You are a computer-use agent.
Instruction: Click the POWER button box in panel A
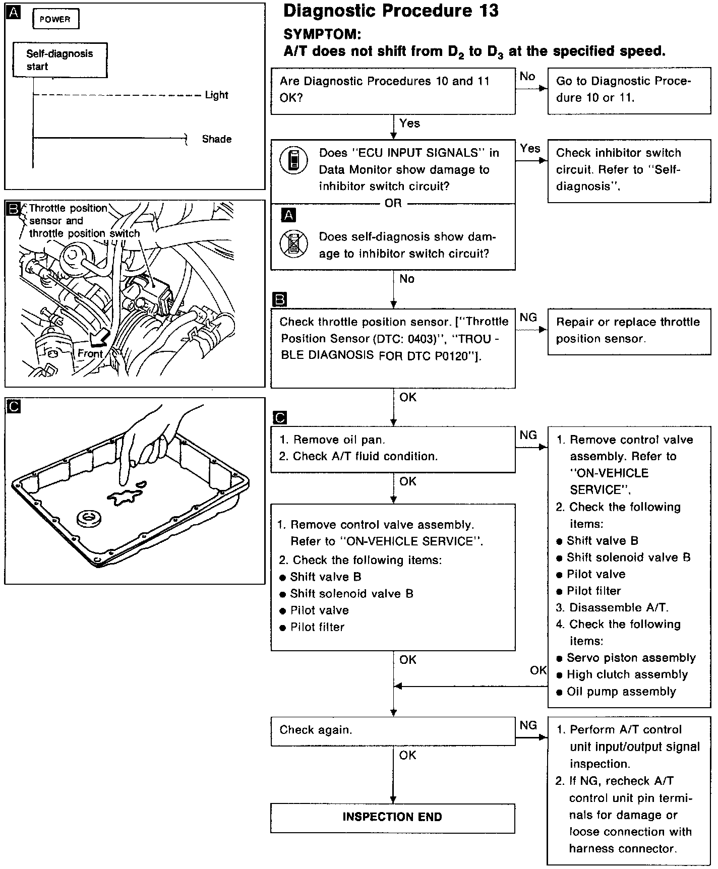point(55,20)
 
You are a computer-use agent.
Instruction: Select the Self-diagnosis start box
point(60,60)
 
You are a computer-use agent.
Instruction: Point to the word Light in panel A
point(216,95)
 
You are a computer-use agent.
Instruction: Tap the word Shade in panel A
point(217,139)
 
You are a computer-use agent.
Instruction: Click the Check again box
point(392,730)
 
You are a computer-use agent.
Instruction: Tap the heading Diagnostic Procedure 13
point(391,11)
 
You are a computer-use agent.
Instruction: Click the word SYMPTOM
point(322,34)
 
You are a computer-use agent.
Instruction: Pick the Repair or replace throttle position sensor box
point(629,331)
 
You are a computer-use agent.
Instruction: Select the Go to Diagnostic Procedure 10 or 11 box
point(629,90)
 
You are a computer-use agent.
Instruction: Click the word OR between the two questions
point(393,204)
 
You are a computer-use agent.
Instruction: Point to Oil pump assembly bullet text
point(621,692)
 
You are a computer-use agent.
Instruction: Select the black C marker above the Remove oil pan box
point(279,418)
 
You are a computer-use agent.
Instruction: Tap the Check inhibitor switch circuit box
point(629,170)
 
